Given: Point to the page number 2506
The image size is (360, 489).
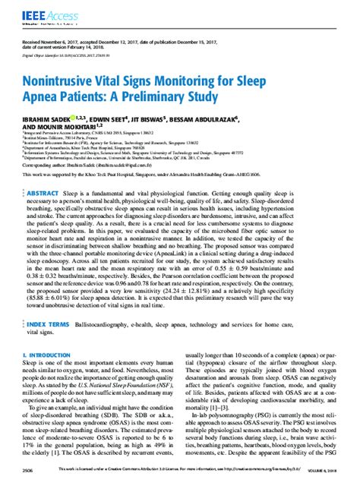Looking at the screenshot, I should point(28,471).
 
